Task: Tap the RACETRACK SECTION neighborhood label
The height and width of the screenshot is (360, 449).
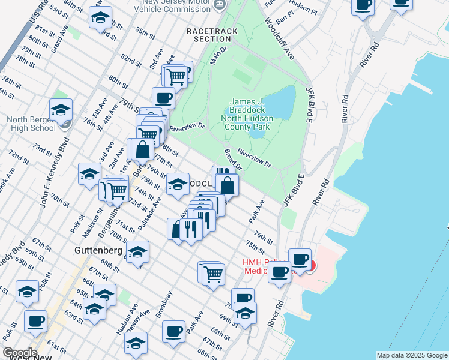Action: (x=212, y=35)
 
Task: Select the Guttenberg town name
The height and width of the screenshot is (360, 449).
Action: (x=99, y=250)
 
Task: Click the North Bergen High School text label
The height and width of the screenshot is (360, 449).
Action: (x=31, y=124)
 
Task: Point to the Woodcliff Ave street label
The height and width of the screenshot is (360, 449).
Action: (x=280, y=38)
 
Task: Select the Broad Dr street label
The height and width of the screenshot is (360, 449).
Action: (x=232, y=159)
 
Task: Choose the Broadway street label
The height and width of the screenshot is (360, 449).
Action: (x=163, y=304)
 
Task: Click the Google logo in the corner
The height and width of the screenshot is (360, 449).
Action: (x=19, y=353)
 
